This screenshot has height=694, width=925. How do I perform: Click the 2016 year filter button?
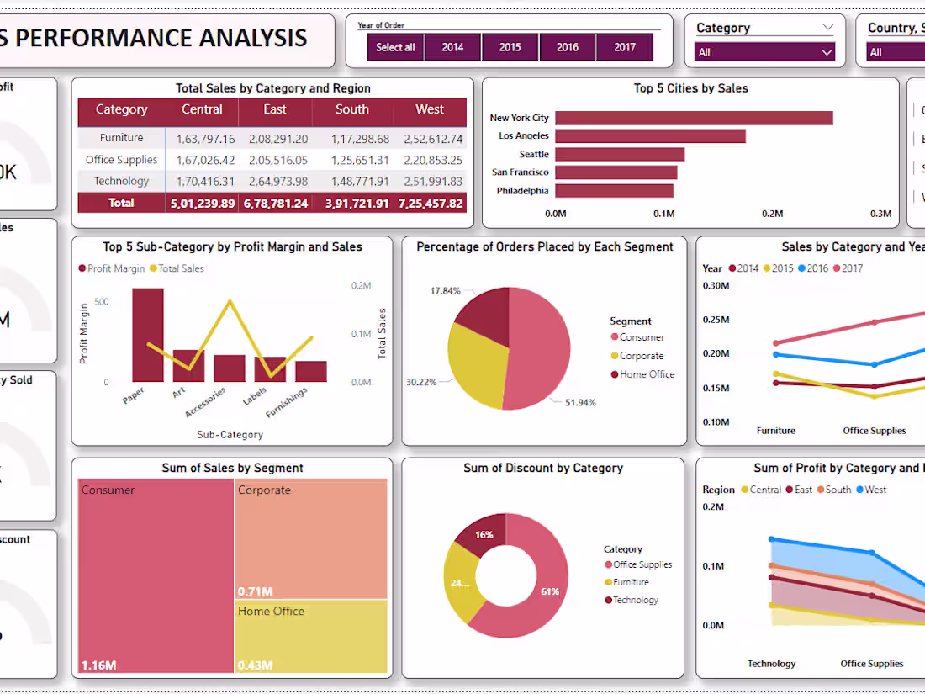(568, 47)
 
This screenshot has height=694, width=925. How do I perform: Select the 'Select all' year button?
(395, 47)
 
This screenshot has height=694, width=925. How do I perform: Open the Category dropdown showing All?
(764, 52)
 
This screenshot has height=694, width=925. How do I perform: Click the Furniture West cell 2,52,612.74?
(429, 139)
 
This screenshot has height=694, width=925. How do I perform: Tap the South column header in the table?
(351, 109)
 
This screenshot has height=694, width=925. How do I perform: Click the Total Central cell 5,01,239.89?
(202, 203)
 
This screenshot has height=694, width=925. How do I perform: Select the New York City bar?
(694, 118)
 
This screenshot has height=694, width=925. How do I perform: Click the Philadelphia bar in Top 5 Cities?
(614, 191)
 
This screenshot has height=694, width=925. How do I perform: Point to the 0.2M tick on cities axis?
(772, 214)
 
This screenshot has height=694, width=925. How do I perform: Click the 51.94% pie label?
(579, 402)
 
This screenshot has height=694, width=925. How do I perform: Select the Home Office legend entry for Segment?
(646, 374)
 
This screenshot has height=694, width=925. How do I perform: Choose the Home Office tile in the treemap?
(310, 635)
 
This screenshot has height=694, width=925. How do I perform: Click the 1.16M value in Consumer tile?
(98, 665)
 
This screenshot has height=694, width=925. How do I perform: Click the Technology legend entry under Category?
(635, 600)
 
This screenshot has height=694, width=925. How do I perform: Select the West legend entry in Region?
(875, 490)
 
